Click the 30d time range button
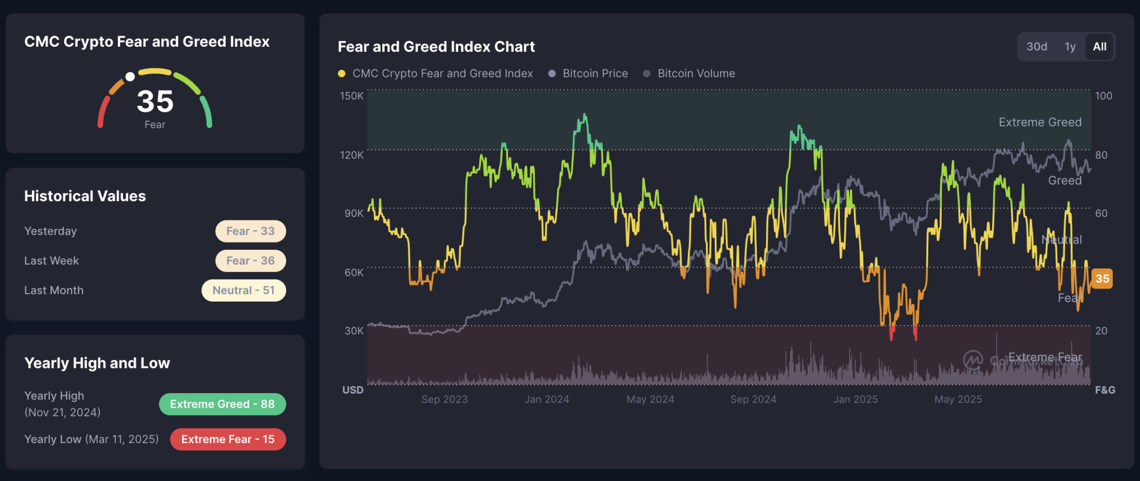coord(1036,47)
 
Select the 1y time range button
coord(1070,47)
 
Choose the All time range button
coord(1099,47)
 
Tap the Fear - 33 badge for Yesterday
coord(250,231)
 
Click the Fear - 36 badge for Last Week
coord(250,261)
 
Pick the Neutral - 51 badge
coord(244,290)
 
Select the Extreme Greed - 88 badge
coord(222,404)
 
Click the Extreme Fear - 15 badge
coord(228,439)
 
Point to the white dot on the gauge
coord(130,77)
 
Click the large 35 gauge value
coord(155,101)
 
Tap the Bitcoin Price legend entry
coord(594,73)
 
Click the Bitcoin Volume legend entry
coord(696,73)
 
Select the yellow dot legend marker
coord(342,73)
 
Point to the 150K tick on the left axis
coord(351,96)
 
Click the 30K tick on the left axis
coord(354,331)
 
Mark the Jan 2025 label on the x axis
coord(855,399)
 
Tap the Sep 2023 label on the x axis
coord(444,399)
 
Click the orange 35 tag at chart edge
coord(1101,279)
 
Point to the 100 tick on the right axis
coord(1104,96)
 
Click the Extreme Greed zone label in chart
coord(1040,122)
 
